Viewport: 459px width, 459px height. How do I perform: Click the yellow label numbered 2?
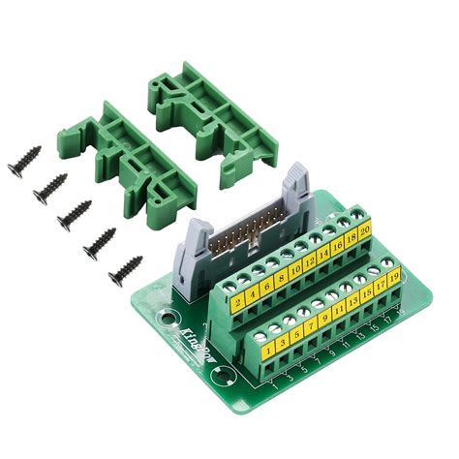coord(238,302)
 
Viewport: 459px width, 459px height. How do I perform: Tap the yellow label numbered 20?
coord(365,230)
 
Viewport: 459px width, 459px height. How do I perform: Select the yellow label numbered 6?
coord(266,286)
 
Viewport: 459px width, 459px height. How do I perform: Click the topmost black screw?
coord(25,160)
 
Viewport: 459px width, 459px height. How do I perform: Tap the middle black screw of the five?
coord(74,214)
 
